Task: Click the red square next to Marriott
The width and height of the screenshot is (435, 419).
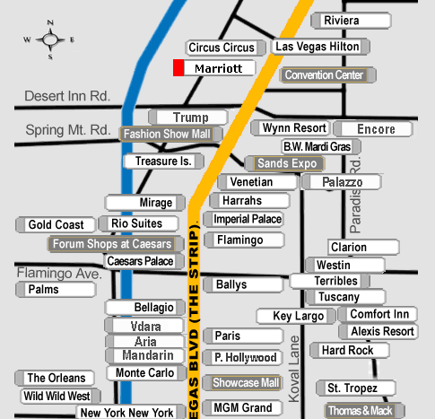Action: [178, 68]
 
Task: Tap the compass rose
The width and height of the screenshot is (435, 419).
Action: [49, 39]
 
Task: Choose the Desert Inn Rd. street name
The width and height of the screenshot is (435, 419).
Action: [67, 96]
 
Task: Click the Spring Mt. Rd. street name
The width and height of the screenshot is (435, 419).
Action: [68, 130]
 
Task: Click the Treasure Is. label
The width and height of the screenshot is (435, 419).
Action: [164, 161]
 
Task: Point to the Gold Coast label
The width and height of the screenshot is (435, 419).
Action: [56, 224]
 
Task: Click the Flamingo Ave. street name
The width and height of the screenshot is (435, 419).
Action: [59, 273]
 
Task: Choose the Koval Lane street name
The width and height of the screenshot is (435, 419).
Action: [294, 369]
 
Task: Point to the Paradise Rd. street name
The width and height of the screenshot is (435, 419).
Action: [355, 195]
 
